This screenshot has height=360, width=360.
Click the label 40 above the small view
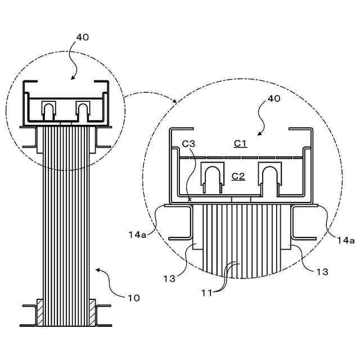82,38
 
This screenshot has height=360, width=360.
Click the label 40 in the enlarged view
273,99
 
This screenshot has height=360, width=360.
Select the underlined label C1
240,143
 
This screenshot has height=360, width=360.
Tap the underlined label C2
238,176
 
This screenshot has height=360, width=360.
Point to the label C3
188,143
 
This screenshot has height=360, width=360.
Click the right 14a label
345,240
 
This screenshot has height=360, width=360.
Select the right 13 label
321,272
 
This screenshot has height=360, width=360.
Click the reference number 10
133,297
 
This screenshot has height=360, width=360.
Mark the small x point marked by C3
190,199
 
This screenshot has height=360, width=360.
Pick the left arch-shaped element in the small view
49,110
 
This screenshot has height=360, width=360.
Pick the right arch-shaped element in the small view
83,110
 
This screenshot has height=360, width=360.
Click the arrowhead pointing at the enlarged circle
174,101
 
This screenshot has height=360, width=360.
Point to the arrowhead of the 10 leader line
96,270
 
